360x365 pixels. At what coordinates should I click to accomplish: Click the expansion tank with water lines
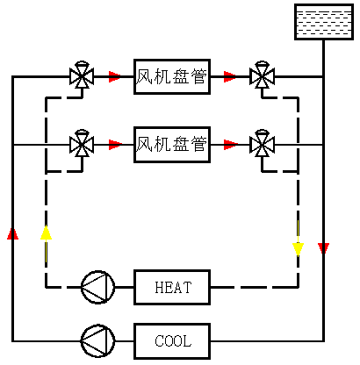324,22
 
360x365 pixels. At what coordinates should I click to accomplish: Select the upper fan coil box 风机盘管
172,76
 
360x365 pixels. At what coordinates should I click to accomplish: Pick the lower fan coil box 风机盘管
172,143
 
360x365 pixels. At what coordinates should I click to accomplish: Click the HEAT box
172,287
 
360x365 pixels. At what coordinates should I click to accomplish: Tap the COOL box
172,340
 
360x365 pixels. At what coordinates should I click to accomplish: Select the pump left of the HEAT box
97,287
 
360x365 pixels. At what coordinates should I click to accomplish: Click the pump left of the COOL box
97,340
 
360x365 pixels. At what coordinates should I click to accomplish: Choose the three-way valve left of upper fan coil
83,76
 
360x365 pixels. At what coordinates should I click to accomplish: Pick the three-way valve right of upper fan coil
261,76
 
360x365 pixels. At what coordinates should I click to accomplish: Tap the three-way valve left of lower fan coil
83,143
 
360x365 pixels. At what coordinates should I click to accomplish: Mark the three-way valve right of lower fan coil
261,143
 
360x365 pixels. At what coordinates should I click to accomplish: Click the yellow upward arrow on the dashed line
46,233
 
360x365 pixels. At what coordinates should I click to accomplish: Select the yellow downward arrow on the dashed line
299,248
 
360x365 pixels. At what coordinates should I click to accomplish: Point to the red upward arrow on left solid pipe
12,233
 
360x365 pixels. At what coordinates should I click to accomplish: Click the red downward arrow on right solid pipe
323,249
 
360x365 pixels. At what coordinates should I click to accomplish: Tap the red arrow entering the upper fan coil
114,76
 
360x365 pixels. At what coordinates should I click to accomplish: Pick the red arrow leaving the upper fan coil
230,76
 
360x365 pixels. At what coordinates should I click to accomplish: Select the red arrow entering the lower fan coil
114,143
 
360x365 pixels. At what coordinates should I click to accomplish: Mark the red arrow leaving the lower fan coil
230,143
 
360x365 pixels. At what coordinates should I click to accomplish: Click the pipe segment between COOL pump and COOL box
124,340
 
